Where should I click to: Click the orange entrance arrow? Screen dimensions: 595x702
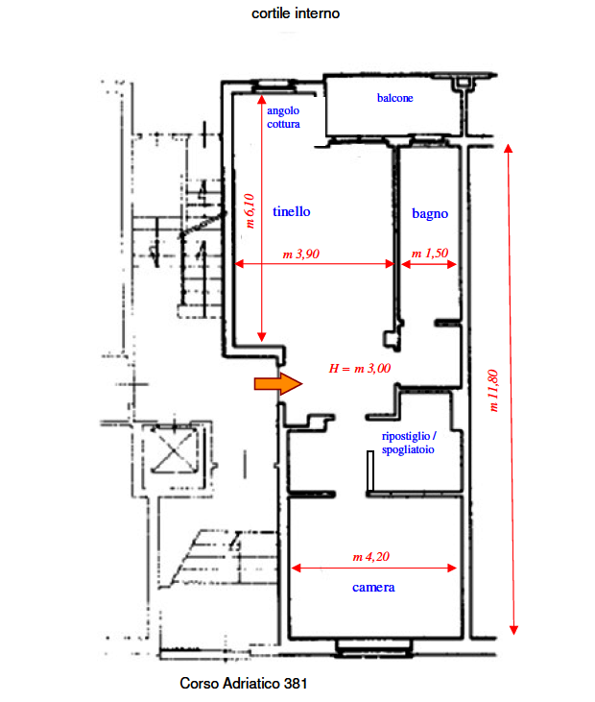(x=277, y=384)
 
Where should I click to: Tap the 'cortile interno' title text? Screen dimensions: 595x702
(x=296, y=13)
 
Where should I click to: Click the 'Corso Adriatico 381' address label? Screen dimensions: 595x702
(x=244, y=683)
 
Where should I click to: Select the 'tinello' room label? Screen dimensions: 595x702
(x=291, y=211)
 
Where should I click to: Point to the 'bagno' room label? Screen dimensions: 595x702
(x=430, y=214)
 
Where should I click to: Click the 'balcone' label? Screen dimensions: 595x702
(x=394, y=98)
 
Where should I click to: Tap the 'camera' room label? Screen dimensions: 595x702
(x=373, y=588)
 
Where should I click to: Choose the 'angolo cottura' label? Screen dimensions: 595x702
(x=283, y=117)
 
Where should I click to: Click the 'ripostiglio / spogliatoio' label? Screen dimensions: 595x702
(x=409, y=443)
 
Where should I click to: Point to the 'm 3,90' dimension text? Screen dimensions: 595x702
(x=301, y=254)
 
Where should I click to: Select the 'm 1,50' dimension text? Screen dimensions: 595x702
(x=430, y=254)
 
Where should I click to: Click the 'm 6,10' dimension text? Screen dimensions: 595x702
(x=250, y=211)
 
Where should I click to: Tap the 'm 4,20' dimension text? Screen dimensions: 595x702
(x=370, y=556)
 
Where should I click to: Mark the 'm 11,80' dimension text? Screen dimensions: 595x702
(x=492, y=391)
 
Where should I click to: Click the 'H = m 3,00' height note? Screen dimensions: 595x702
(x=360, y=369)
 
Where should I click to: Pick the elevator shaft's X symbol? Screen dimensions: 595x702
(x=173, y=450)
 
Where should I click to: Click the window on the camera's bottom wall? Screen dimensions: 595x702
(x=373, y=648)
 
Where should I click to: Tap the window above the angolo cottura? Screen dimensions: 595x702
(x=274, y=86)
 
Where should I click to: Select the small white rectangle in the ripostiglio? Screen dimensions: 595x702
(x=370, y=471)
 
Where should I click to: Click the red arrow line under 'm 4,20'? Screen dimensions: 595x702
(x=373, y=569)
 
